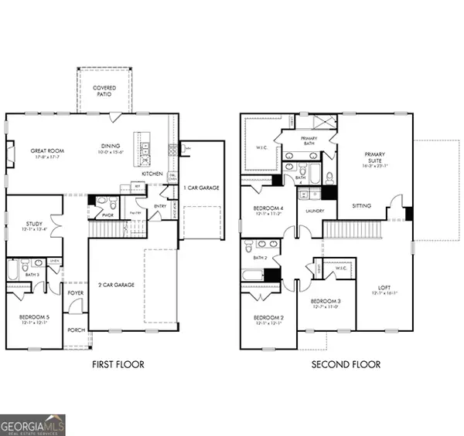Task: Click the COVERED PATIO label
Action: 105,92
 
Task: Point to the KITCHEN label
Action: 152,174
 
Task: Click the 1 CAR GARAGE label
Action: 200,188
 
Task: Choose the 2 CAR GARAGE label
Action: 118,285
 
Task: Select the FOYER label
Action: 75,293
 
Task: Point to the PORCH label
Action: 76,330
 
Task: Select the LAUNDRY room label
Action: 316,211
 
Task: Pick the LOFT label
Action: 384,288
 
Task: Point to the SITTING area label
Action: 362,206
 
